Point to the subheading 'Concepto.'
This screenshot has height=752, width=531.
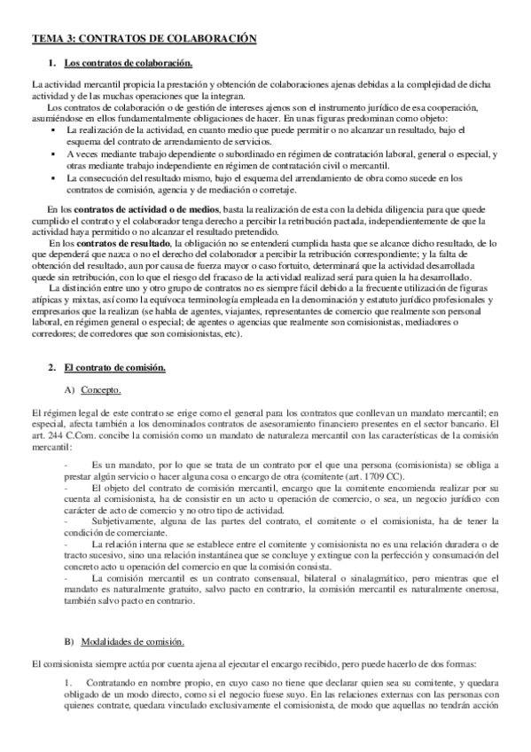100,391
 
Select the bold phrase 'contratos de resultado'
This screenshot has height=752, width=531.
123,241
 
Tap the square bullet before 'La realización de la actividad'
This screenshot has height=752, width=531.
56,130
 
